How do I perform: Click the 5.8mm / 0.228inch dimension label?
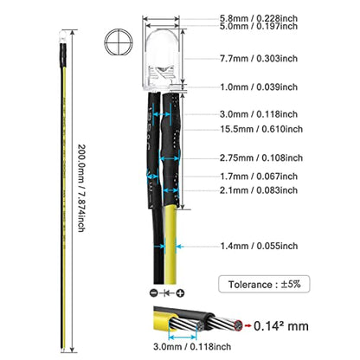tap(259, 18)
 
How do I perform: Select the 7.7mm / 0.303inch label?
tap(259, 58)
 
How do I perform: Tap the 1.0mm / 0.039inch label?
tap(259, 87)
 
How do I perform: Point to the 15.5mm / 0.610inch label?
tap(261, 129)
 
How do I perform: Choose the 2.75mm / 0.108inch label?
tap(261, 157)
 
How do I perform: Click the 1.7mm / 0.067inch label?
tap(259, 177)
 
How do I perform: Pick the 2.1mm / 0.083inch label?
tap(259, 190)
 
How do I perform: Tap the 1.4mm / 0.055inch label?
tap(259, 246)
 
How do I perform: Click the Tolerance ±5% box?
tap(264, 284)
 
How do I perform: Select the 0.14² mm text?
tap(281, 326)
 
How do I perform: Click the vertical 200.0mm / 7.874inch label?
tap(81, 188)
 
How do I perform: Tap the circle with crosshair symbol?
tap(119, 42)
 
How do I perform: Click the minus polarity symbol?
tap(154, 293)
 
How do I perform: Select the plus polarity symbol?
tap(180, 293)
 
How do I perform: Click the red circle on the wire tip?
tap(238, 325)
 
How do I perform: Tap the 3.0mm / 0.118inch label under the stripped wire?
tap(192, 346)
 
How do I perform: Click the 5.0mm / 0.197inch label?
tap(259, 26)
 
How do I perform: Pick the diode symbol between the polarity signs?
tap(167, 293)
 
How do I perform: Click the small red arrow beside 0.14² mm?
tap(247, 325)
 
